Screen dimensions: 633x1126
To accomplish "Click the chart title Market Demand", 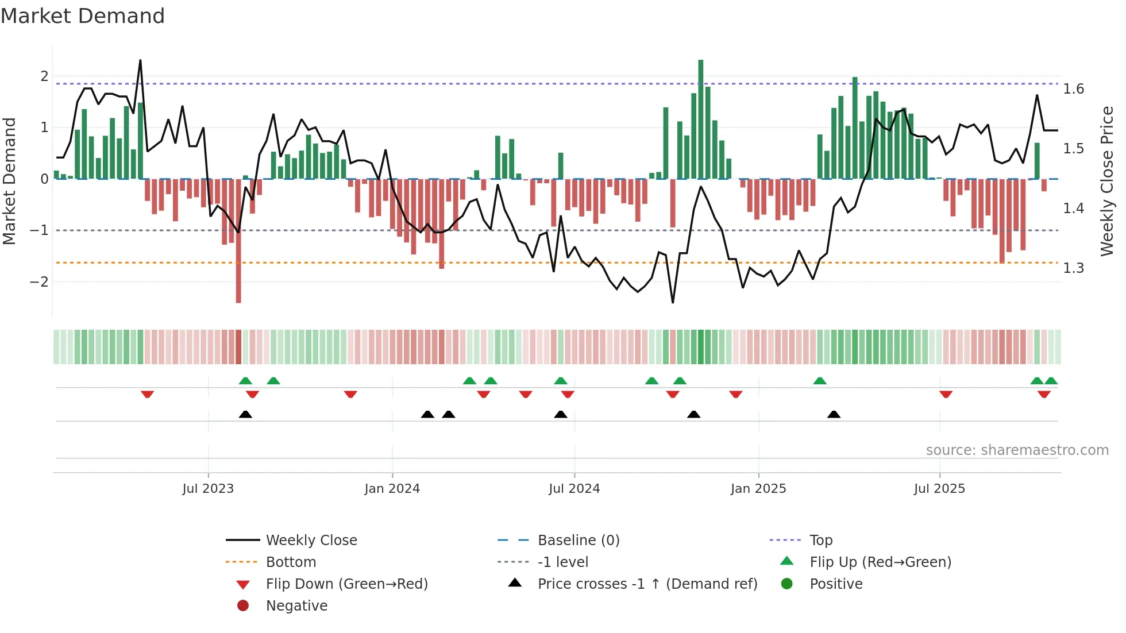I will [83, 16].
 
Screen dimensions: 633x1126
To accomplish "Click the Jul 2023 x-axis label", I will [208, 489].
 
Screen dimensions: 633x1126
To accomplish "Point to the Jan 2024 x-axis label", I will [392, 489].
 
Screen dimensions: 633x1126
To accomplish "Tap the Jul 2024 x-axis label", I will [574, 489].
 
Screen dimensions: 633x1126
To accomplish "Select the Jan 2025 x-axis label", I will [758, 489].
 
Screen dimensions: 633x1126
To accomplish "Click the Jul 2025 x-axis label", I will [939, 489].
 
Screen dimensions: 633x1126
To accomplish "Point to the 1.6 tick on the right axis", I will [1073, 89].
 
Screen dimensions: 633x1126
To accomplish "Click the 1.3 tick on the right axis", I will [1073, 268].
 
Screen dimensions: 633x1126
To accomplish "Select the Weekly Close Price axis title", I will [1107, 181].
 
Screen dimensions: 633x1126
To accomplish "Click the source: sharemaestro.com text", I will [1017, 450].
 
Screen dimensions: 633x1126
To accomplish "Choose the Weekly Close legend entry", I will [311, 541].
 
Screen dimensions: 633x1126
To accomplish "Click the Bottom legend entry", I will [291, 562].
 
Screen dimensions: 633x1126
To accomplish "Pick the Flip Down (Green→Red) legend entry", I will [346, 584].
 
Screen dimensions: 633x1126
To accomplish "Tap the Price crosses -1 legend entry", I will [647, 584].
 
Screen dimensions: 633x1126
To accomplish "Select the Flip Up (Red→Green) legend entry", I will [880, 562].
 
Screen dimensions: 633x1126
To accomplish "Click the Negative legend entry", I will [296, 606].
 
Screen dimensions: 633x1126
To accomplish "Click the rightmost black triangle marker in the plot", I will [834, 414].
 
